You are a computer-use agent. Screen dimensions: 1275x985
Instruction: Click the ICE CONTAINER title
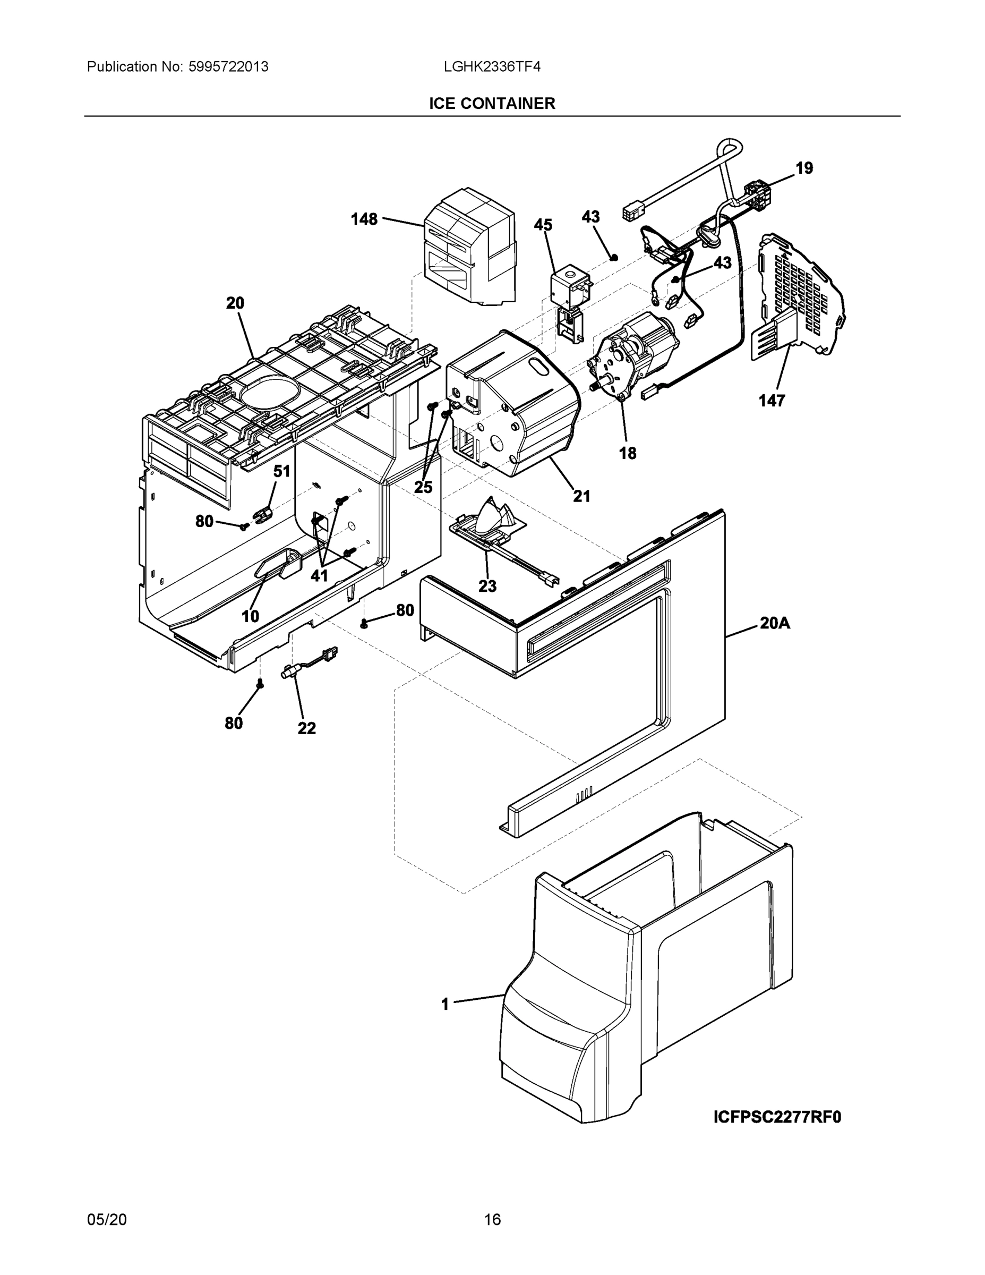tap(492, 104)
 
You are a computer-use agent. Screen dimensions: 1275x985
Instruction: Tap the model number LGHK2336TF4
tap(492, 66)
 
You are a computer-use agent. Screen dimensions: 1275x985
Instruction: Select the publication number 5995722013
tap(228, 66)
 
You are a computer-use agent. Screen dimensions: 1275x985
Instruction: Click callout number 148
tap(364, 219)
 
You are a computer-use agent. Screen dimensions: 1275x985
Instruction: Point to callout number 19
tap(804, 168)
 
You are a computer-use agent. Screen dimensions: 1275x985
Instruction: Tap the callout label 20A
tap(774, 624)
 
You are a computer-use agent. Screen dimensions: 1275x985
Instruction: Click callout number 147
tap(772, 401)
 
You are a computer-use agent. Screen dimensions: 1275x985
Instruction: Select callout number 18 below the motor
tap(627, 453)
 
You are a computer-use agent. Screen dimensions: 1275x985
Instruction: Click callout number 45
tap(543, 225)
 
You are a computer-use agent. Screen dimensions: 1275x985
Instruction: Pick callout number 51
tap(282, 471)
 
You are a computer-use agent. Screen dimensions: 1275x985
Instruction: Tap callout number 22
tap(306, 728)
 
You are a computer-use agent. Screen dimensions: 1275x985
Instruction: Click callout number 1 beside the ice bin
tap(445, 1004)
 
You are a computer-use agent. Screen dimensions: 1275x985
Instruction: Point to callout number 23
tap(487, 585)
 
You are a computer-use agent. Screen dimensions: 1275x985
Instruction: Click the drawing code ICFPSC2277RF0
tap(777, 1117)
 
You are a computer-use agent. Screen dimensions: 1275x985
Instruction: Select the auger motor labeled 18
tap(636, 356)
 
